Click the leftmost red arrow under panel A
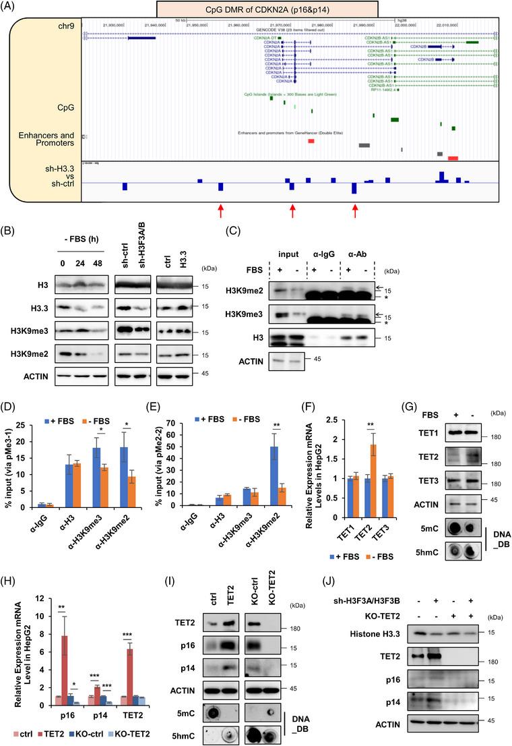220,210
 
